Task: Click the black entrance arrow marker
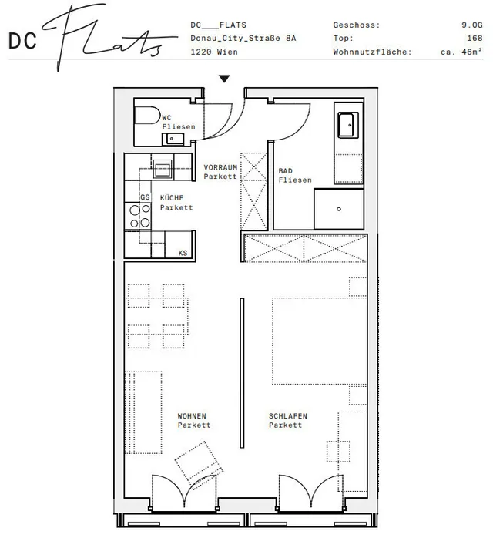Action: pyautogui.click(x=224, y=79)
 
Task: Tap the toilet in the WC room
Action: pyautogui.click(x=147, y=116)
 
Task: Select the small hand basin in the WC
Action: pyautogui.click(x=173, y=139)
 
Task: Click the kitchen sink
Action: pyautogui.click(x=163, y=169)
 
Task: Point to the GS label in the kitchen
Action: pyautogui.click(x=145, y=197)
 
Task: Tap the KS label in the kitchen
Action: pyautogui.click(x=183, y=253)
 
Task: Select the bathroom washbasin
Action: pyautogui.click(x=348, y=125)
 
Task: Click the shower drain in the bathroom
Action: pyautogui.click(x=339, y=209)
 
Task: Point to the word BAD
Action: pyautogui.click(x=285, y=171)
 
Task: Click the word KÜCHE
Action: pyautogui.click(x=172, y=197)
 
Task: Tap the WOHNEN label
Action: pyautogui.click(x=192, y=416)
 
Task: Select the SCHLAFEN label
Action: pyautogui.click(x=287, y=416)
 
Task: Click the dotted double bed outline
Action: pyautogui.click(x=319, y=341)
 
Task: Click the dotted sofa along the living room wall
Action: pyautogui.click(x=143, y=412)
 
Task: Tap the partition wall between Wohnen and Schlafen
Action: pyautogui.click(x=242, y=372)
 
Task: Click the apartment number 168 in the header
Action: pyautogui.click(x=475, y=38)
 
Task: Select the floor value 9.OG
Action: pyautogui.click(x=471, y=25)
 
